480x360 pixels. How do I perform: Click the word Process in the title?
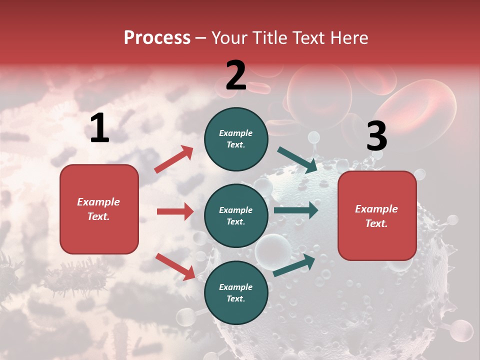click(x=157, y=37)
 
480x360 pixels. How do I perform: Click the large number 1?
click(x=99, y=128)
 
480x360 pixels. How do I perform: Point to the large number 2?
click(x=236, y=75)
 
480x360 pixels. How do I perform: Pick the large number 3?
click(x=376, y=136)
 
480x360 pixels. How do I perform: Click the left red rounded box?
click(x=99, y=209)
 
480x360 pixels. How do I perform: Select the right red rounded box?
click(x=377, y=216)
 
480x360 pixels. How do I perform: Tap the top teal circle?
click(x=236, y=139)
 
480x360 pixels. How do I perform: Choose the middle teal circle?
click(x=236, y=215)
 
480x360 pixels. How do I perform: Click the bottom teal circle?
click(x=236, y=292)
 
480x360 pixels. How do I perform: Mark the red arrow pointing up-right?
click(x=174, y=159)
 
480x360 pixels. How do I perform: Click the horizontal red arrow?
click(x=175, y=211)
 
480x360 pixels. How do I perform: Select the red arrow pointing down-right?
click(x=175, y=266)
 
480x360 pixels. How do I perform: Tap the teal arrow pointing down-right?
click(x=297, y=160)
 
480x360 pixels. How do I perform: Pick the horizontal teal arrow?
click(x=295, y=210)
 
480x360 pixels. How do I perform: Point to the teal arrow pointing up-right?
click(x=294, y=265)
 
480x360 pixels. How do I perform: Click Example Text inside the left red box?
click(x=98, y=209)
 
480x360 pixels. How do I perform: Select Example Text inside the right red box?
click(x=376, y=216)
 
